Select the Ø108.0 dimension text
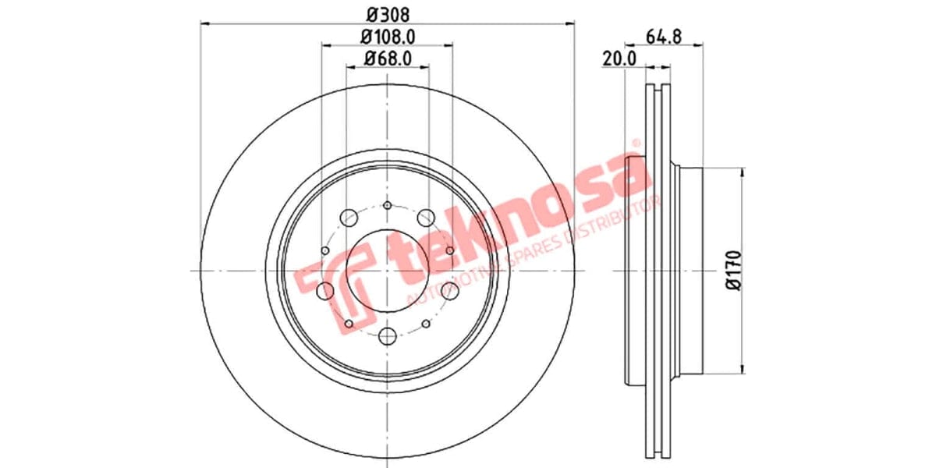(x=388, y=36)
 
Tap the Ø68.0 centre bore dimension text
(x=388, y=58)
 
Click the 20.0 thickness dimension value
(x=620, y=58)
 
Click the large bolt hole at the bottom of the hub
(x=388, y=337)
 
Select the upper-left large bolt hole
(x=349, y=217)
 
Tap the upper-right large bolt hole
(x=426, y=217)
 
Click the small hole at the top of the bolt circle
(x=388, y=206)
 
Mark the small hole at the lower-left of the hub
(x=349, y=323)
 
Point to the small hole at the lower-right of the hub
(x=426, y=323)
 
